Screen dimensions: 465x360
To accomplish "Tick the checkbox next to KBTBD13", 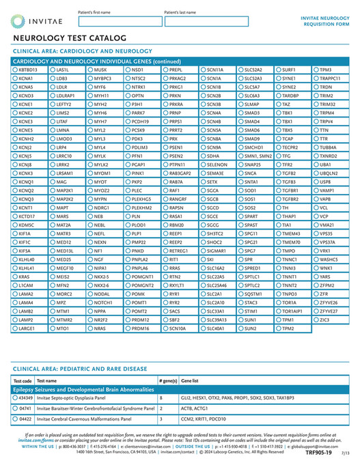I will [15, 70].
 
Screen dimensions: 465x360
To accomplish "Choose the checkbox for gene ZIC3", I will [316, 319].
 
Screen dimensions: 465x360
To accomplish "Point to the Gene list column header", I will [191, 380].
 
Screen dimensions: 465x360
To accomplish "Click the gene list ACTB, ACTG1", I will [193, 408].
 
